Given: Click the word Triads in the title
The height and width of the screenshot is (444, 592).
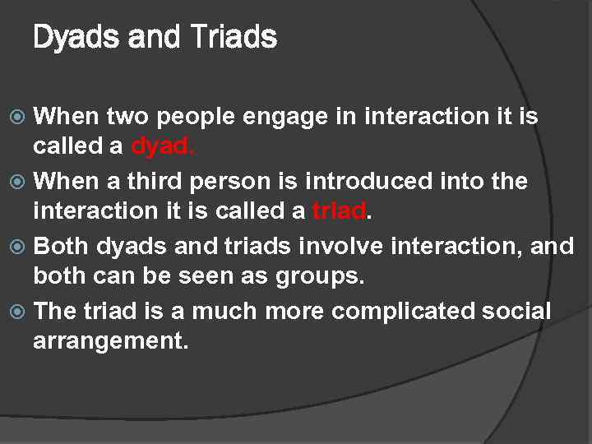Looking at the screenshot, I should tap(234, 37).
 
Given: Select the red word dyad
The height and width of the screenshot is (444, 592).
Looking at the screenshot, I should tap(161, 146).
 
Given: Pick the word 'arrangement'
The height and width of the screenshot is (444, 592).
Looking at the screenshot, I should tap(109, 341).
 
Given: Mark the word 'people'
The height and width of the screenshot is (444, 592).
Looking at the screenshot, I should tap(199, 117).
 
